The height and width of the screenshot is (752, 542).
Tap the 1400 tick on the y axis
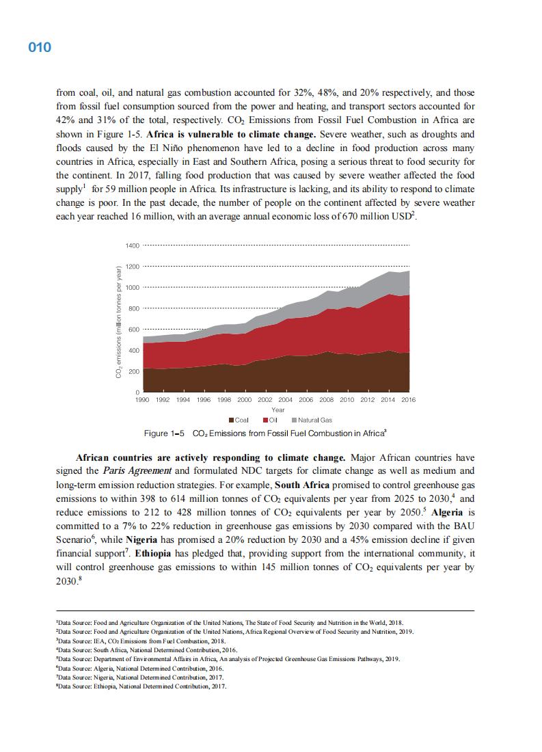point(133,245)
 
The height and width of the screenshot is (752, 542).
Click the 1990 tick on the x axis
point(143,399)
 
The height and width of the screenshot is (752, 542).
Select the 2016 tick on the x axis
point(408,399)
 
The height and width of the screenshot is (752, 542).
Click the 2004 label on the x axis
point(286,399)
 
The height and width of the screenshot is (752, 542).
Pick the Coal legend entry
point(239,420)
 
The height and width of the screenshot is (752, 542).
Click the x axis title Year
point(278,409)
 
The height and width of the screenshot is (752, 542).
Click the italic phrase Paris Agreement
point(126,471)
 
